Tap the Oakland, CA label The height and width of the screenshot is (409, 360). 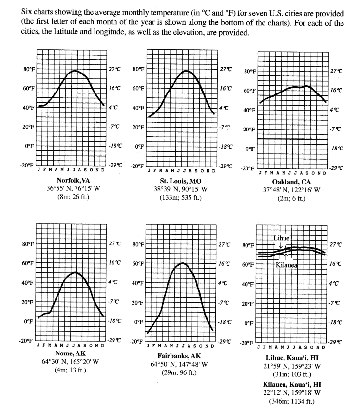pyautogui.click(x=291, y=182)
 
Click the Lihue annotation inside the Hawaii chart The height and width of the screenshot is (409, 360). pyautogui.click(x=282, y=238)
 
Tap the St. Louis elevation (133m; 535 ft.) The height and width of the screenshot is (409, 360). pyautogui.click(x=181, y=197)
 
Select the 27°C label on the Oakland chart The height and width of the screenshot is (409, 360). pyautogui.click(x=336, y=71)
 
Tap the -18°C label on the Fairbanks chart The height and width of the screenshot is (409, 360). pyautogui.click(x=225, y=322)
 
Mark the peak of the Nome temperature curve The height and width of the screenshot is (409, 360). pyautogui.click(x=74, y=272)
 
